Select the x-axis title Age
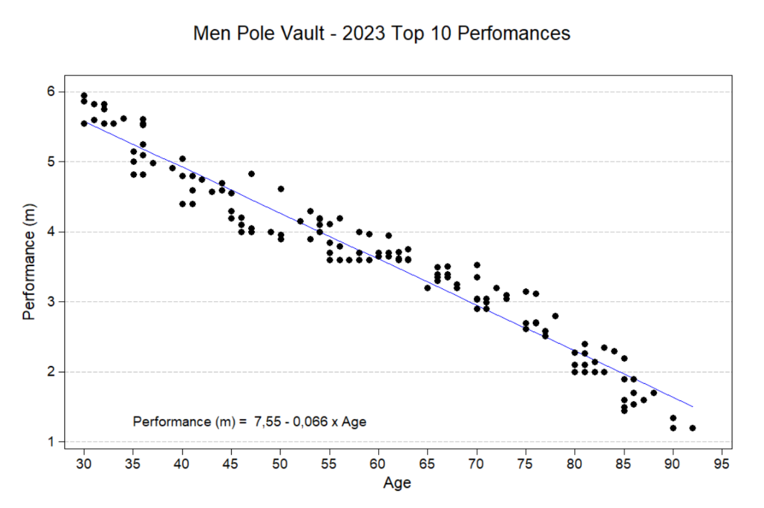pos(397,483)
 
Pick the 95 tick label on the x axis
pos(721,462)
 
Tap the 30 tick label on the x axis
pos(84,462)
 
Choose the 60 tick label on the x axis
pos(378,462)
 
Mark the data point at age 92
pos(693,428)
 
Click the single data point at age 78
pos(555,316)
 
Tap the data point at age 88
pos(653,393)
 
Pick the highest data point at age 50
pos(280,189)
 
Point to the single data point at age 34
pos(124,118)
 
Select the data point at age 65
pos(427,288)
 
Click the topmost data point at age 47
pos(251,174)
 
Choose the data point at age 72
pos(496,288)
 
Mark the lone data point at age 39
pos(173,168)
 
